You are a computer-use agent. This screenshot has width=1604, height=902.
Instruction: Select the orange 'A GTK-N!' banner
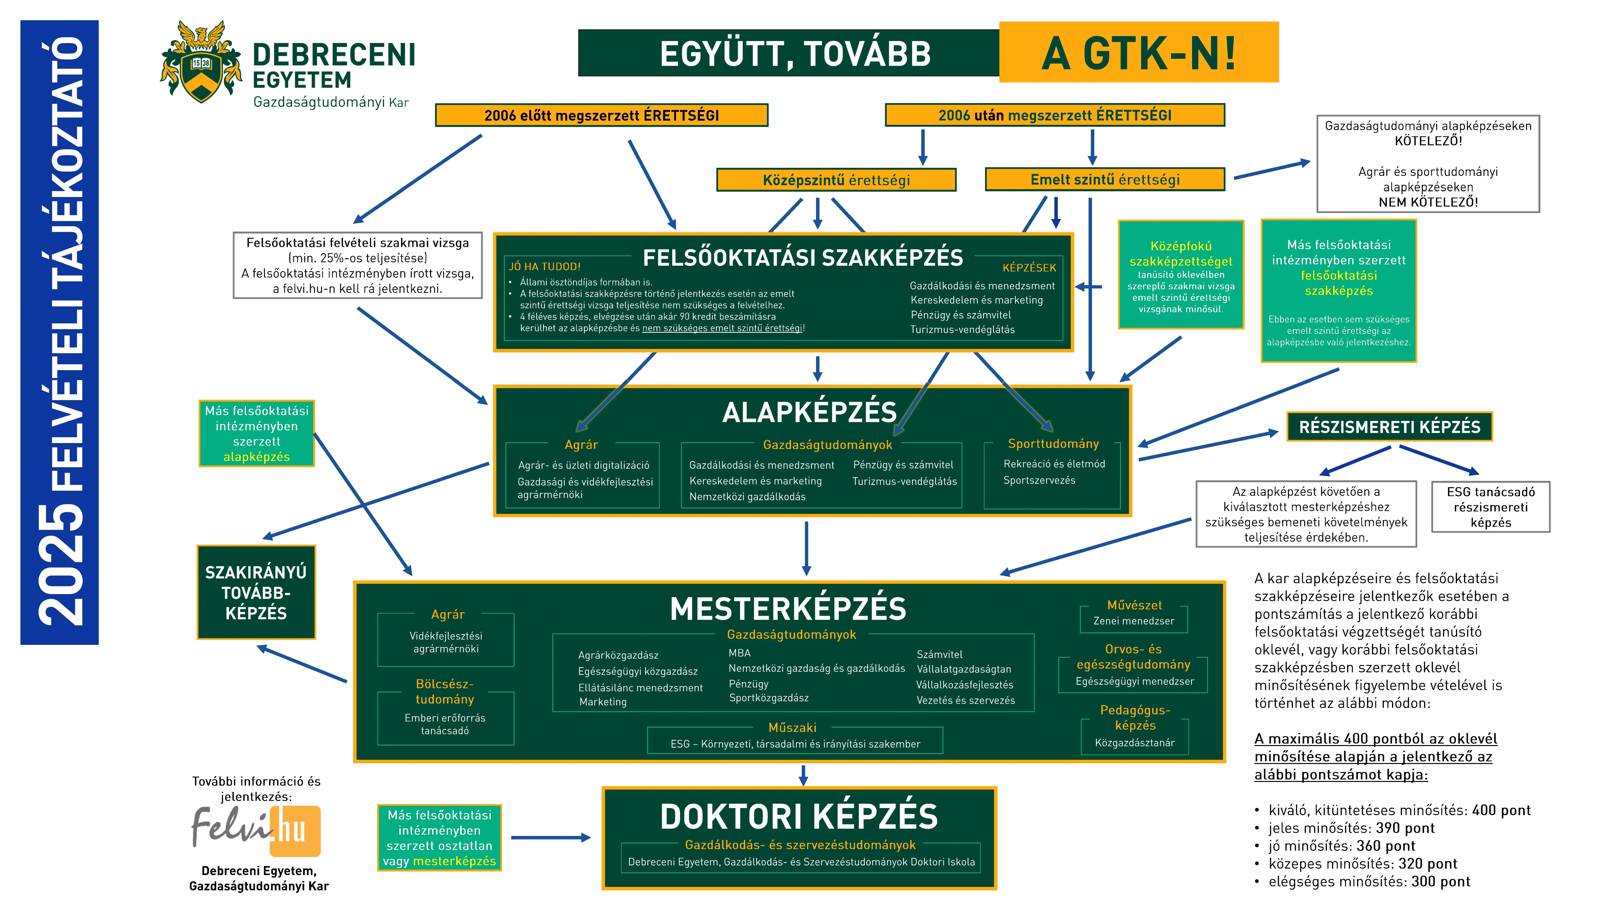1138,53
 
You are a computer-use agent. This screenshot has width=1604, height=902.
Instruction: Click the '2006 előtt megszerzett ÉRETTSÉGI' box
602,115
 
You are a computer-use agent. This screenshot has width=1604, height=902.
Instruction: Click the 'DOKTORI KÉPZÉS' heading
799,817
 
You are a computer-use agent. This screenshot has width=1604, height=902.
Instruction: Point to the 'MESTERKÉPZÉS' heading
788,609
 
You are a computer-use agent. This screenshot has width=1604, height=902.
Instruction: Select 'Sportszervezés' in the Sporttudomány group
1039,480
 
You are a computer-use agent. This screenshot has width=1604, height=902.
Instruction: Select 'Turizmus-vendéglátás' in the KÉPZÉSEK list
962,329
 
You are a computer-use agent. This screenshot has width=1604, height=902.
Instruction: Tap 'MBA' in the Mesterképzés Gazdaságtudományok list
740,653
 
